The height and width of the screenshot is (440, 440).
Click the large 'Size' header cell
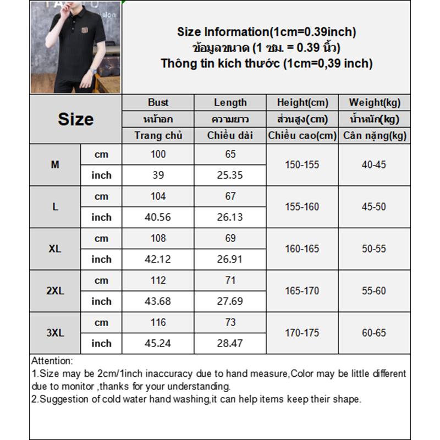click(75, 119)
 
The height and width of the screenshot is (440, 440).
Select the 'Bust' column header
click(158, 102)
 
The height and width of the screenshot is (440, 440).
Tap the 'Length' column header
click(230, 102)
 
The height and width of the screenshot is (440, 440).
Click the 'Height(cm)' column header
click(302, 102)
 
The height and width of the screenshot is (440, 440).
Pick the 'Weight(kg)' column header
click(375, 102)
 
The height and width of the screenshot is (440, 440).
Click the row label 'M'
click(55, 164)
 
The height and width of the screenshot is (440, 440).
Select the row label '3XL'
click(55, 333)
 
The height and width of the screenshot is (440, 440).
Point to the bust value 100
click(158, 154)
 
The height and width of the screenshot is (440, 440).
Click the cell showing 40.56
click(158, 217)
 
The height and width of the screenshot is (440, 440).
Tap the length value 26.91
click(230, 259)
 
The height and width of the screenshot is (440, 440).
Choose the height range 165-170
click(302, 291)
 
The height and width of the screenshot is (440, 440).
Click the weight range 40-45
click(375, 164)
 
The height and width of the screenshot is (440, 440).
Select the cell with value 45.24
click(158, 343)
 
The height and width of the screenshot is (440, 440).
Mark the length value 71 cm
click(230, 280)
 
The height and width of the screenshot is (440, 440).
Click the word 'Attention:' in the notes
click(52, 361)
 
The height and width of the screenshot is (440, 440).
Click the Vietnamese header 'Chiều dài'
click(230, 135)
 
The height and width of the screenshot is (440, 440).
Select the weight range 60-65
click(375, 333)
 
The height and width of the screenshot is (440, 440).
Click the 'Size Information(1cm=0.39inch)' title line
click(266, 32)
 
